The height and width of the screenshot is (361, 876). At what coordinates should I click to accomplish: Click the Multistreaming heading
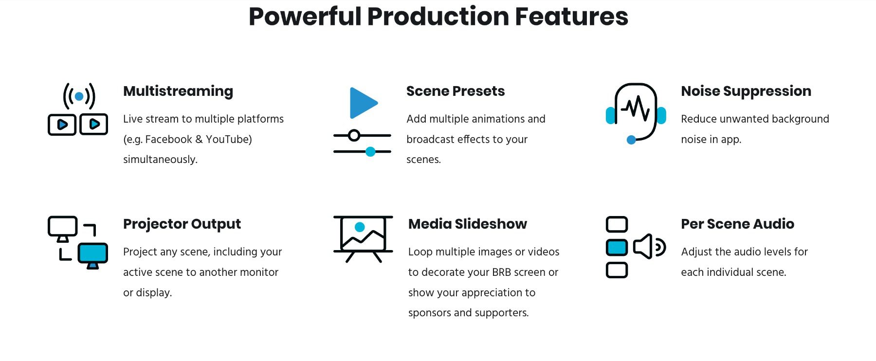coord(178,91)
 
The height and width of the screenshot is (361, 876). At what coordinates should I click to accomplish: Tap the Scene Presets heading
coord(455,91)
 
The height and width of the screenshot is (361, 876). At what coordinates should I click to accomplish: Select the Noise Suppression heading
coord(746,91)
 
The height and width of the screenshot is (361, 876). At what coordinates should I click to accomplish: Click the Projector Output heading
coord(182,224)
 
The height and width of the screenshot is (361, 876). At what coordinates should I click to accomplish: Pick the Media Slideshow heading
coord(467,224)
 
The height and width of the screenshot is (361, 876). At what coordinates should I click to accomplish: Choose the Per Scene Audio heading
coord(737,224)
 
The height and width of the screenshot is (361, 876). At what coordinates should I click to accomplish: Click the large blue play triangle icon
coord(362,103)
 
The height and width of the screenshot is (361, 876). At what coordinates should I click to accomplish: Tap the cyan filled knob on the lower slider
coord(370,152)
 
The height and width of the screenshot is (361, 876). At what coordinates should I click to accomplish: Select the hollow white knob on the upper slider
coord(354,135)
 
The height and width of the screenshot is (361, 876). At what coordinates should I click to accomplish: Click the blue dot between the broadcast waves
coord(79,96)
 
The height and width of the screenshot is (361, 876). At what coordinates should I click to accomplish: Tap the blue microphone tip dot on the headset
coord(631,140)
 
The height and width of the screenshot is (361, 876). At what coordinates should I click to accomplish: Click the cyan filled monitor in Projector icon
coord(92,253)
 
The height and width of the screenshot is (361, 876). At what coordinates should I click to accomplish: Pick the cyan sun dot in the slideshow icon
coord(360,227)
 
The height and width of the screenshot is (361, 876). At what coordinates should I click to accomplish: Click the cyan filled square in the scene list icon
coord(617,247)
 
